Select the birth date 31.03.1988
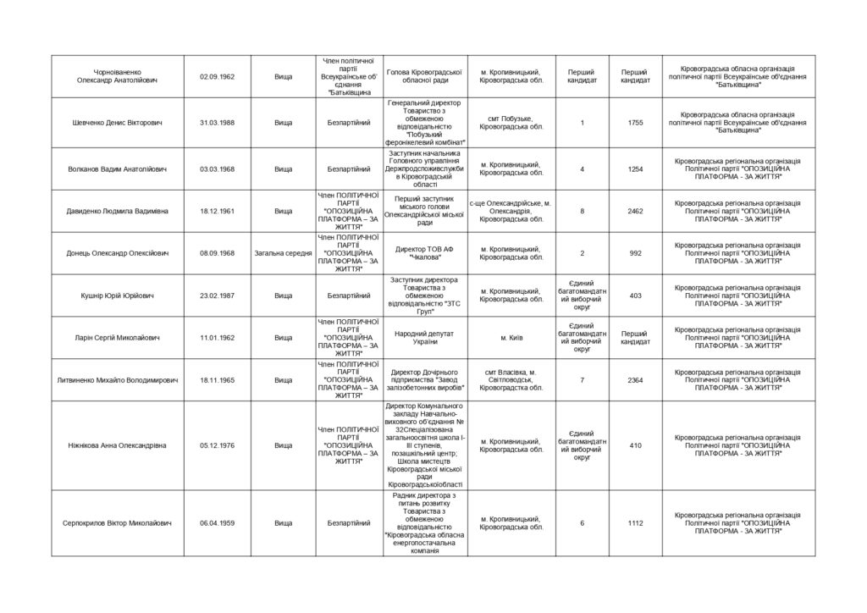217,123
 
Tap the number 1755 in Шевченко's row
635,123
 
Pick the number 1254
635,169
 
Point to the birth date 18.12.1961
217,211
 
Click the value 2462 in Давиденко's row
635,211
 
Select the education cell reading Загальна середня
283,253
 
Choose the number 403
635,295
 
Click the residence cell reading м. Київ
511,338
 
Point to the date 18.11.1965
217,380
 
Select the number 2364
635,380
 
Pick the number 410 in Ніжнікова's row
635,445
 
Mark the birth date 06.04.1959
217,523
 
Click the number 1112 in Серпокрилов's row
635,523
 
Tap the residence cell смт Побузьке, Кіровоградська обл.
511,123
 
